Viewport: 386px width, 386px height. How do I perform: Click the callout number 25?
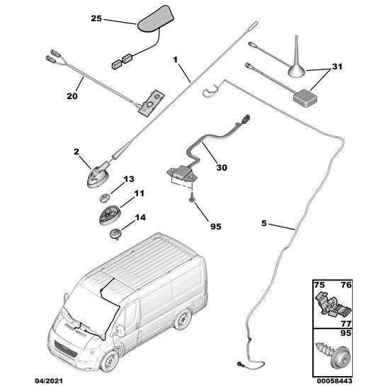tap(96, 18)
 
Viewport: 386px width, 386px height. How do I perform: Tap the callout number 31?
tap(337, 67)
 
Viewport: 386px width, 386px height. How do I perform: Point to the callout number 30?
tap(222, 168)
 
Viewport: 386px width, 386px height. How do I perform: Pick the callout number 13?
tap(128, 180)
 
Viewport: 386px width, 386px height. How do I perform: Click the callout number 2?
tap(76, 152)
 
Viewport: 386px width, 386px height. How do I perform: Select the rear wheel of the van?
tap(183, 320)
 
